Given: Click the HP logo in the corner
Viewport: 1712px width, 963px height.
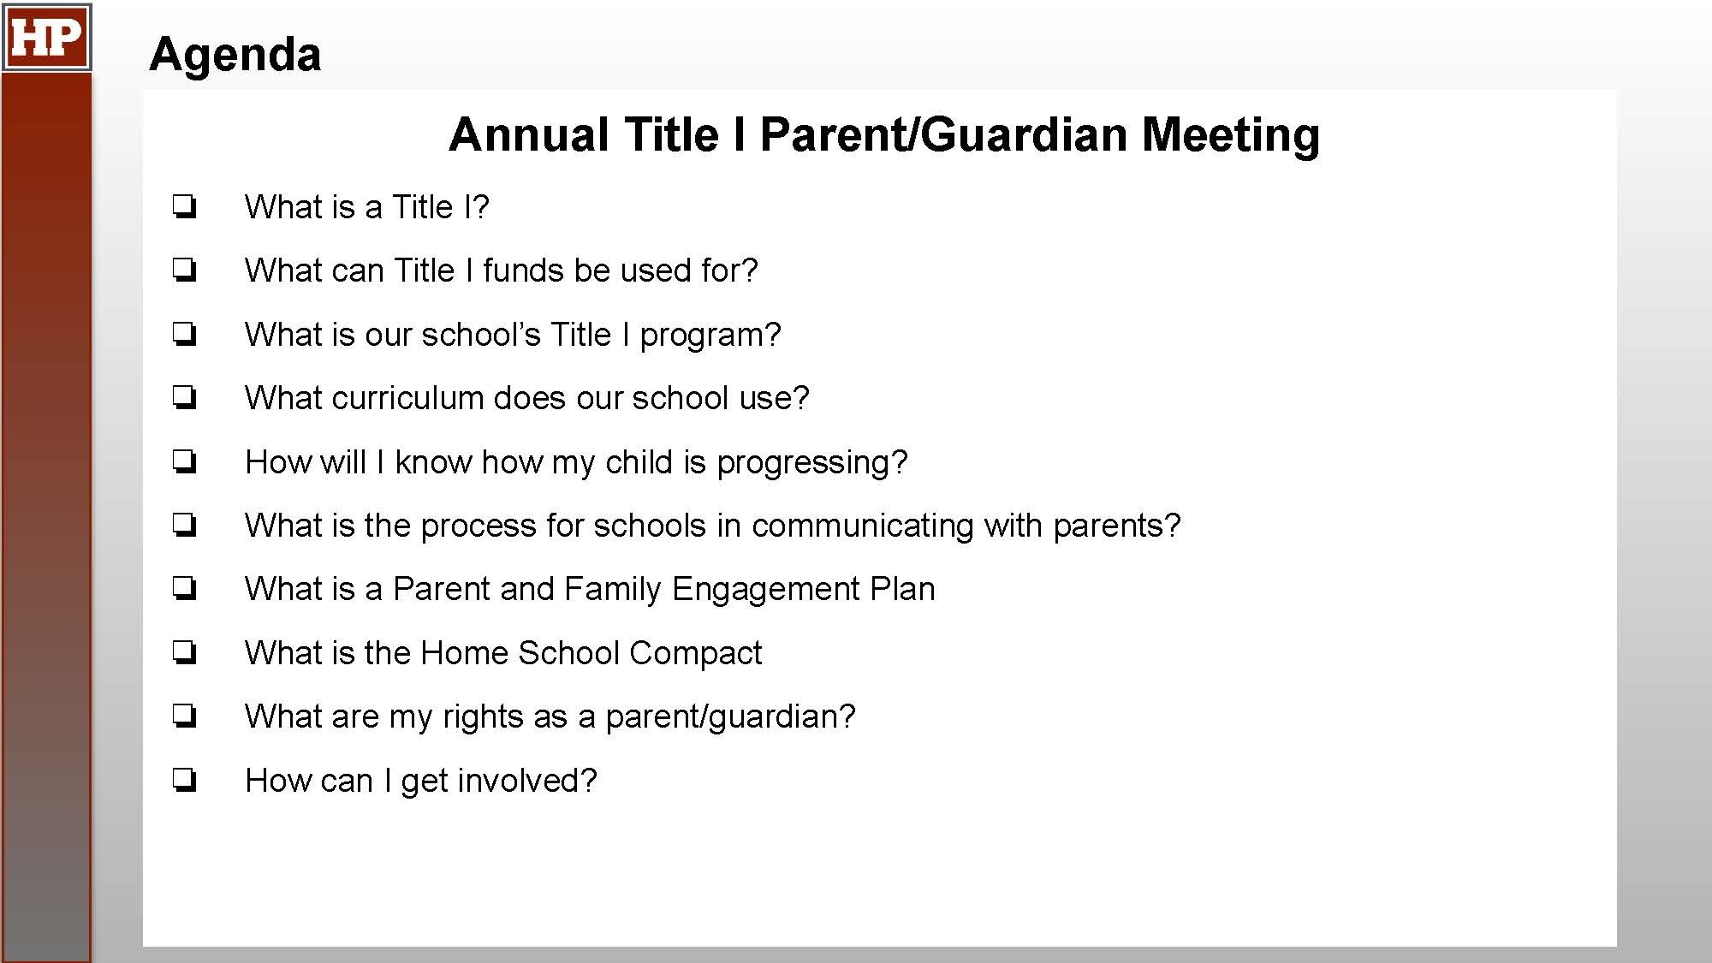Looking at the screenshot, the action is [46, 37].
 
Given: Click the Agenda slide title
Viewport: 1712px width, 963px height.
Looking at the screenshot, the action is [235, 55].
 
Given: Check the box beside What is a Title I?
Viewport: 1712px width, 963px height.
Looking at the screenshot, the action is [184, 207].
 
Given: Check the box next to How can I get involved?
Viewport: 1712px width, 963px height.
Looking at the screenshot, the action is [184, 781].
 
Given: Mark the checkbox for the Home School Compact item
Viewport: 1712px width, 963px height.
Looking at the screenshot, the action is [184, 653].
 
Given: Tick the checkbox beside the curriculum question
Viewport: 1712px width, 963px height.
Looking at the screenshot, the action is [184, 398].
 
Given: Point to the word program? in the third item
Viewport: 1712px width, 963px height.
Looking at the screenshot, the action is [710, 336].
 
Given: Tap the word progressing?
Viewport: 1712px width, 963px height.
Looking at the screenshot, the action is [811, 463].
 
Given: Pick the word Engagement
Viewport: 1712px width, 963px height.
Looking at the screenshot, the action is [766, 590].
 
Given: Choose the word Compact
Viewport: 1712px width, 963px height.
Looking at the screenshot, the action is [695, 654].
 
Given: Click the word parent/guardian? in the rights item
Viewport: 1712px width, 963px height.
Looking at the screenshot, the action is [730, 717].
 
